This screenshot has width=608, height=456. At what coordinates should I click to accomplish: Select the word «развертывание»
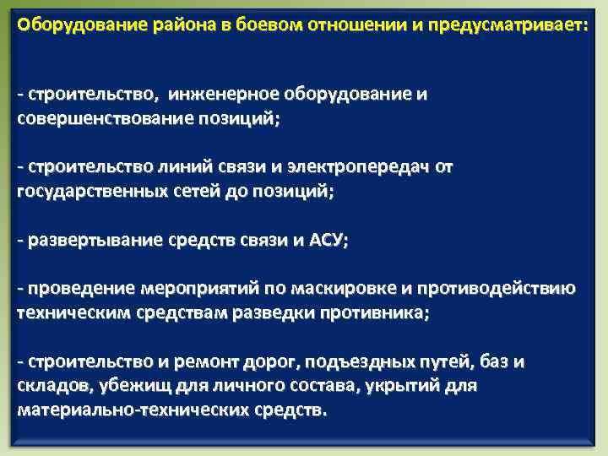[94, 241]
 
